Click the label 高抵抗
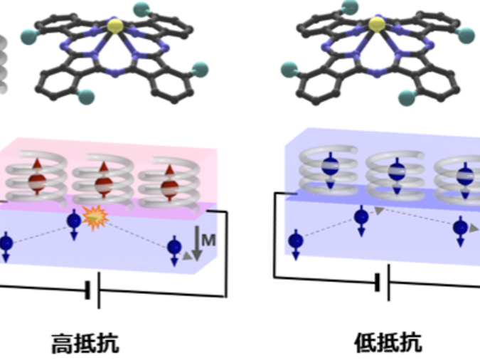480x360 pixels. (85, 345)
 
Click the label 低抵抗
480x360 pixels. (388, 344)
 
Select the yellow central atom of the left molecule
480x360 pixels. (114, 26)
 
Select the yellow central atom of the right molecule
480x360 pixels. (377, 25)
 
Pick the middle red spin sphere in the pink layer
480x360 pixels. (105, 184)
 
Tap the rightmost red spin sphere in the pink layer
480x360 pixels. (169, 186)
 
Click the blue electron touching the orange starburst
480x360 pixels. (73, 221)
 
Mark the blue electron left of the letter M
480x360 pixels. (174, 247)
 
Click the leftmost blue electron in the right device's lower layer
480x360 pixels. (295, 241)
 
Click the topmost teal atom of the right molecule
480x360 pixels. (350, 6)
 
